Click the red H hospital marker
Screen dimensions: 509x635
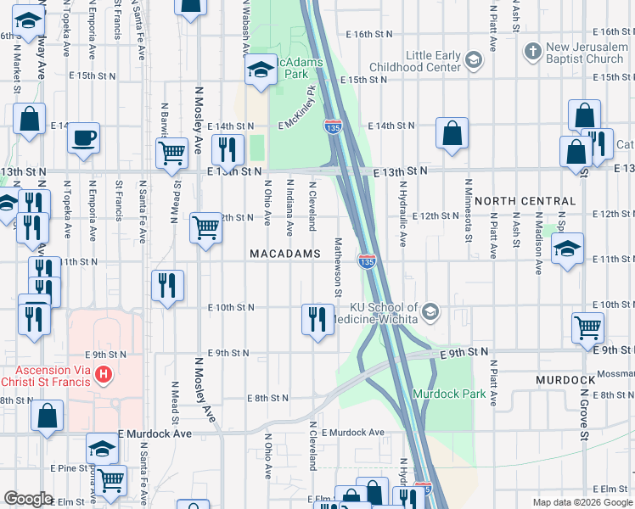[x=104, y=373]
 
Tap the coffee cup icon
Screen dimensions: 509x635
[x=83, y=137]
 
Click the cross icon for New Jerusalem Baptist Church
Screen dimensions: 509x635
[x=532, y=52]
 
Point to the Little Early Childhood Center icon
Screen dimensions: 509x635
[x=473, y=59]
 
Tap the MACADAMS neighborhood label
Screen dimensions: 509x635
[x=284, y=254]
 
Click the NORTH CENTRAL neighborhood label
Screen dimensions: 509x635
[x=525, y=201]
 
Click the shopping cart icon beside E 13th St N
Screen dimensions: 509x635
[x=172, y=153]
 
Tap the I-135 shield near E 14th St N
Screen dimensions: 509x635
[x=333, y=127]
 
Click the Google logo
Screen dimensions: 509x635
[x=28, y=499]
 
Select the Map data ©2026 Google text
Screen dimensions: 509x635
[x=582, y=502]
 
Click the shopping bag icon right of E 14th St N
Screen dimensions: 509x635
[x=452, y=132]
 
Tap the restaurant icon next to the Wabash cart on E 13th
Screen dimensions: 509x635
[x=227, y=150]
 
